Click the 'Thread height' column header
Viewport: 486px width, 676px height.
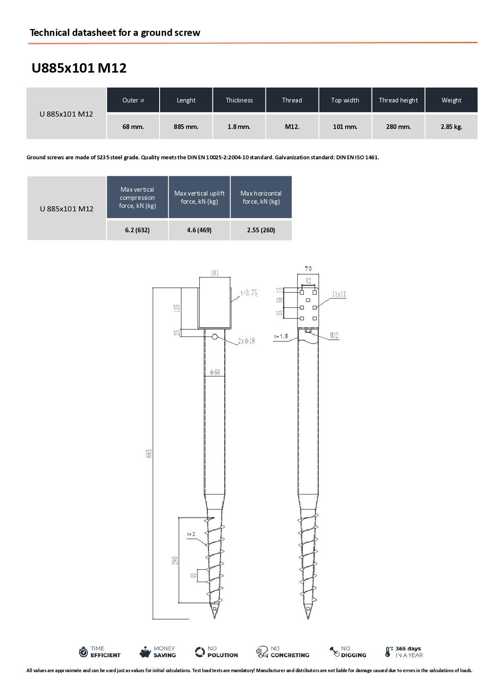pos(398,100)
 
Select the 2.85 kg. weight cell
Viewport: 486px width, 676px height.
pos(451,127)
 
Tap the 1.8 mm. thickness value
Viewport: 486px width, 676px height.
pos(239,127)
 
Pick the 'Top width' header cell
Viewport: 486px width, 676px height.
pos(345,100)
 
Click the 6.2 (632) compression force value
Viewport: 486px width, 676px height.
pos(137,230)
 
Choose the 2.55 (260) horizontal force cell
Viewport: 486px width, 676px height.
pos(261,230)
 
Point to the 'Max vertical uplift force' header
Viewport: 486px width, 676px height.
pos(199,197)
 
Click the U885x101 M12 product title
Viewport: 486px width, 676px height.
pos(79,68)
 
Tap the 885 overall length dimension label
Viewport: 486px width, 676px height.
pos(149,453)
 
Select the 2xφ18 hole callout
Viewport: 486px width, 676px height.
pos(246,341)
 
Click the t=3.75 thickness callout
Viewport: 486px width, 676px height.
pos(249,293)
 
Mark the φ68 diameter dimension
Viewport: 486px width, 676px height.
pos(215,372)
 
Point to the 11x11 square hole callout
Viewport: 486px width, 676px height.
pos(339,294)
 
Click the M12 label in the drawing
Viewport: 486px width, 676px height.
pos(334,335)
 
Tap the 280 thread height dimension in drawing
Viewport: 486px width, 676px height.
pos(175,560)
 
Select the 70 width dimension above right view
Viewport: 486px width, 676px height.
pos(308,269)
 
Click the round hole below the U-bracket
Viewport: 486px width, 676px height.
pos(215,337)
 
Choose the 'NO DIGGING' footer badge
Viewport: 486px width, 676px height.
pos(348,652)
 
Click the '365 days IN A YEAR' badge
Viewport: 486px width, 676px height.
pos(404,652)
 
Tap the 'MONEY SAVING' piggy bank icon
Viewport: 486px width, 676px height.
pos(145,652)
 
